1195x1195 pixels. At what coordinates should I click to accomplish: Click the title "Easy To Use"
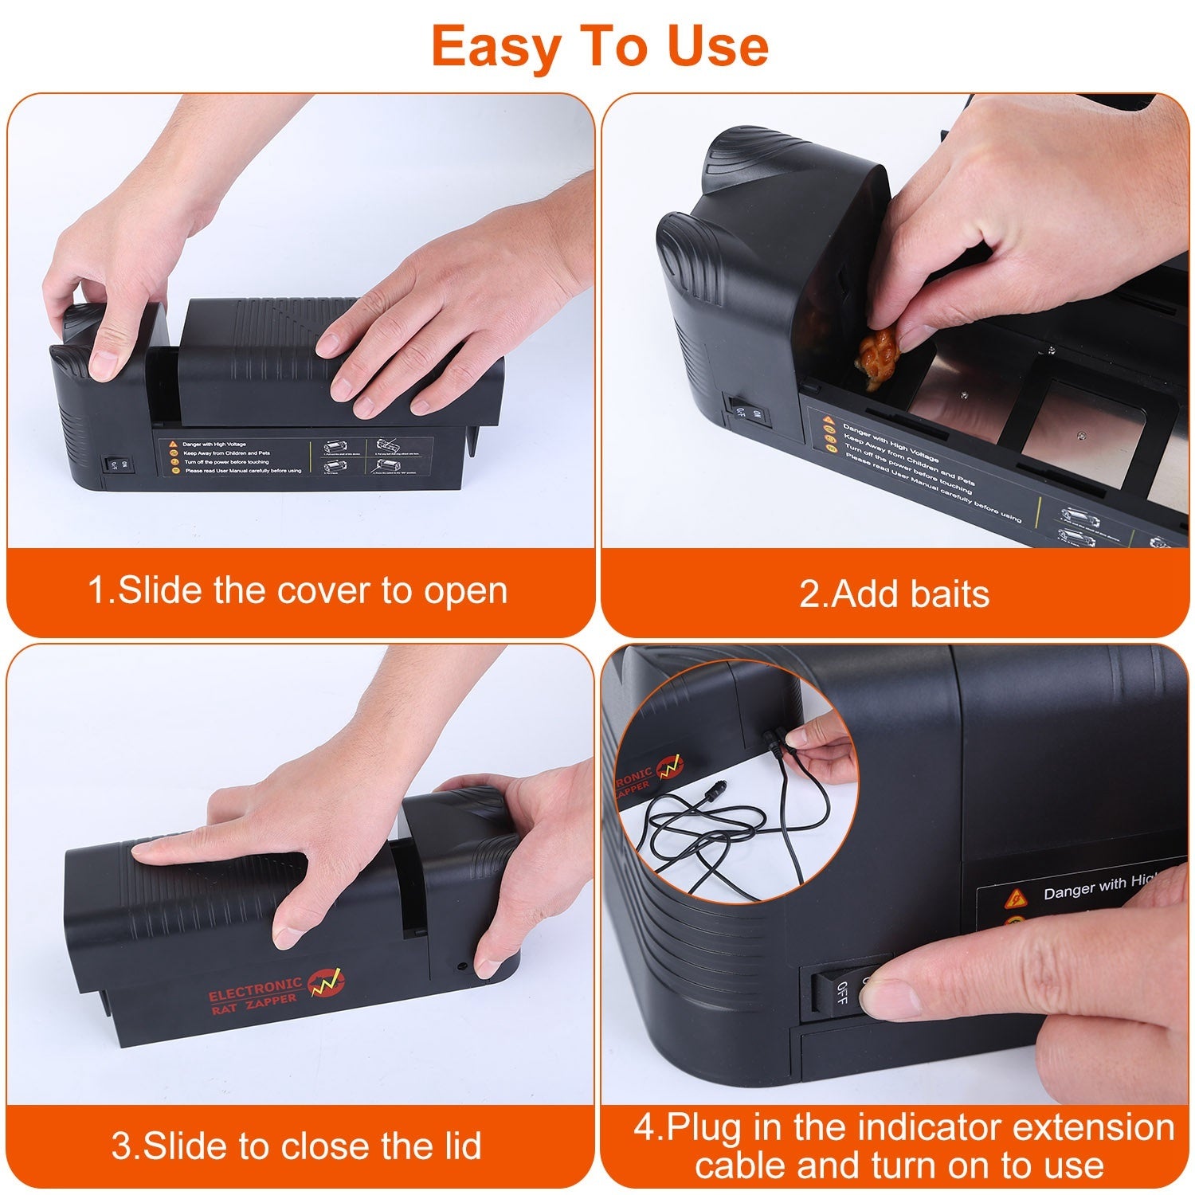coord(600,46)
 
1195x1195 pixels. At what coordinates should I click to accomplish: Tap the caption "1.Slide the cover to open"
coord(297,591)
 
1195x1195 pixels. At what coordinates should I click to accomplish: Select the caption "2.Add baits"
coord(894,594)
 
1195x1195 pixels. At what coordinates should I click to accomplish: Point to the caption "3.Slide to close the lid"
coord(296,1146)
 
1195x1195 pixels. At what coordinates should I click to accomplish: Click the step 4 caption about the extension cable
coord(903,1146)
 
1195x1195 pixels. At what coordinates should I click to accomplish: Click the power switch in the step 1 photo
coord(113,464)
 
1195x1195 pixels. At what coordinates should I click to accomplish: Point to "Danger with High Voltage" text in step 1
coord(214,445)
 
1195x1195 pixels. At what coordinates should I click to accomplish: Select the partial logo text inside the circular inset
coord(637,778)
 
